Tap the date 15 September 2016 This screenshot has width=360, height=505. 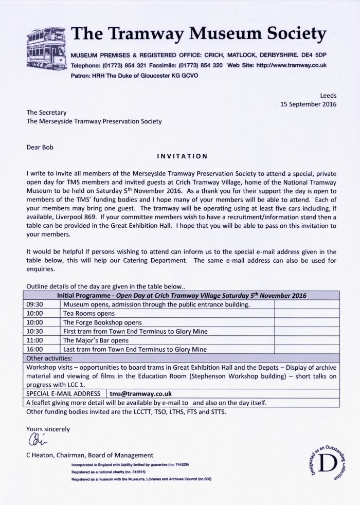click(x=308, y=103)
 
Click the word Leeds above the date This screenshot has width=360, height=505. click(x=327, y=95)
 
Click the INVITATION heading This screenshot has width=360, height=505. click(x=182, y=155)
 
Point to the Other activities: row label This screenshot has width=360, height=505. click(x=49, y=358)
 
